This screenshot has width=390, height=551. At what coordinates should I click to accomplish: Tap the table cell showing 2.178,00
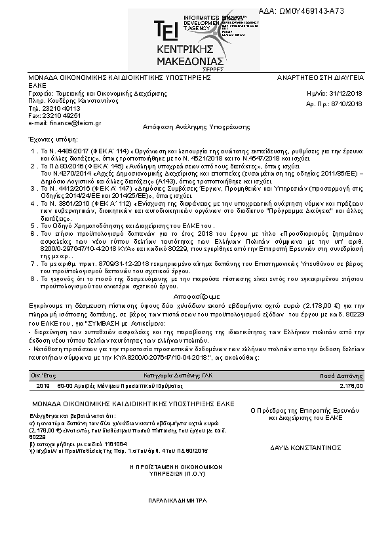[351, 387]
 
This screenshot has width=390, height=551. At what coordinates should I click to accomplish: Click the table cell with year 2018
[35, 387]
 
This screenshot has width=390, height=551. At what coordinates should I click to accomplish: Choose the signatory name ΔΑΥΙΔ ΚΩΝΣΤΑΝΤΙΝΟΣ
[305, 449]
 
